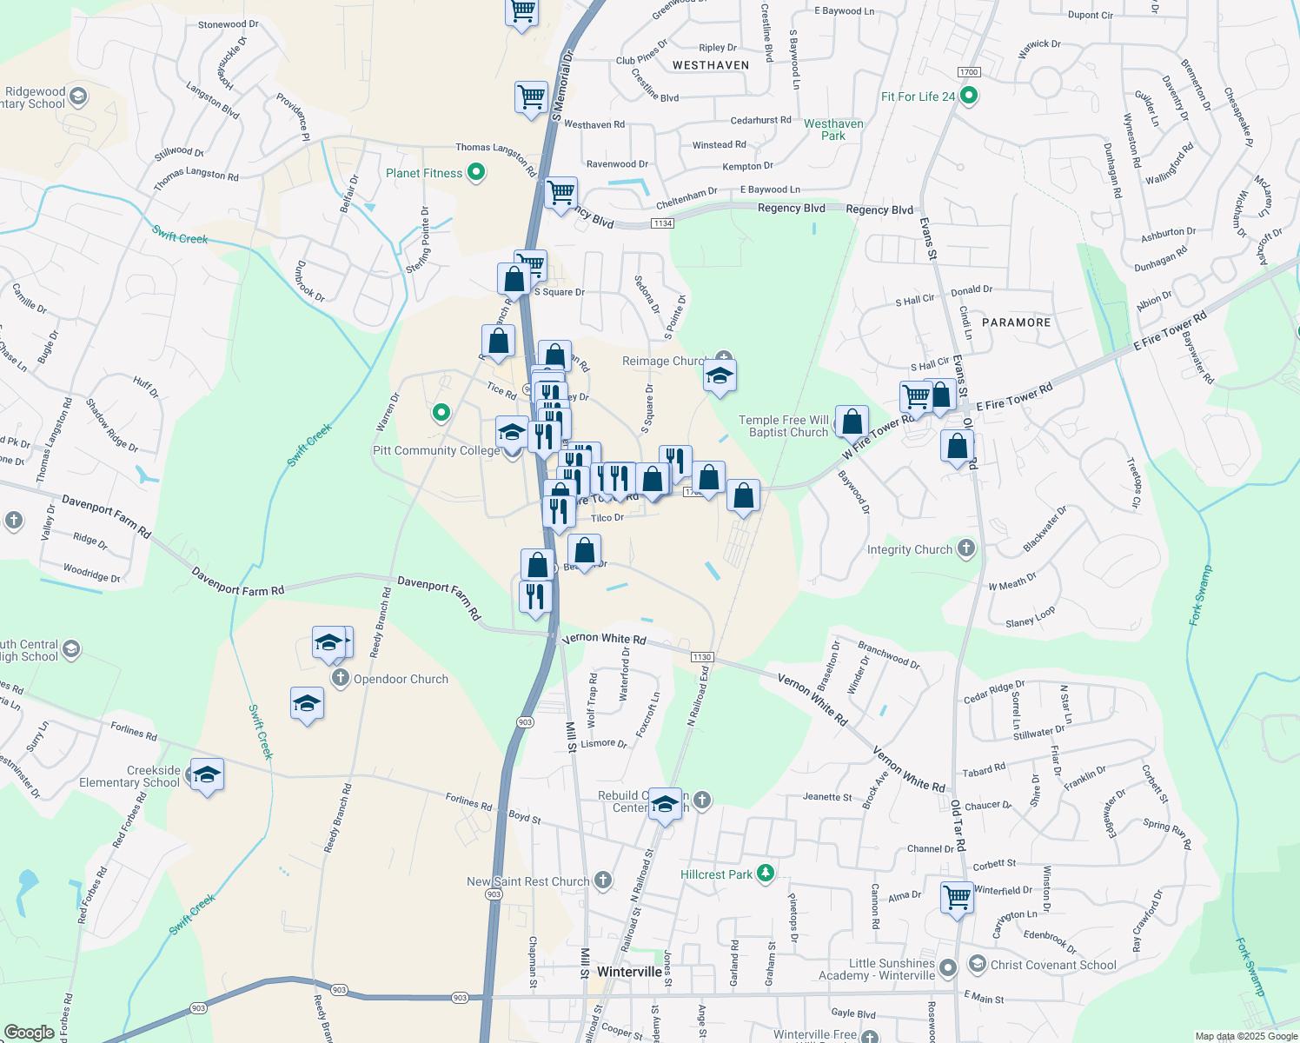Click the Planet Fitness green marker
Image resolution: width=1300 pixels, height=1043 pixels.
(x=476, y=173)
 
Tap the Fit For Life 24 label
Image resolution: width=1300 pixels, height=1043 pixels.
(x=918, y=96)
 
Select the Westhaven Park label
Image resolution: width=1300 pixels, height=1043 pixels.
(x=833, y=130)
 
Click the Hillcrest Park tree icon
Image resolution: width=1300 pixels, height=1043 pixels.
(x=766, y=874)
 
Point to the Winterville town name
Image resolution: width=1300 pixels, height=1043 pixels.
(x=631, y=972)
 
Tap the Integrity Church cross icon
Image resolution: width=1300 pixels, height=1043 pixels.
(x=966, y=548)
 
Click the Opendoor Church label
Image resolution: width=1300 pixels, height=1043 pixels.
(x=401, y=679)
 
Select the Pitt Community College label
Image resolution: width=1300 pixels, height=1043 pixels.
(x=436, y=450)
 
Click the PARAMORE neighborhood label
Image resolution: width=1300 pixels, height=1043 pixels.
(x=1016, y=322)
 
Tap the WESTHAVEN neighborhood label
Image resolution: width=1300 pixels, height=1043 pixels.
(x=711, y=65)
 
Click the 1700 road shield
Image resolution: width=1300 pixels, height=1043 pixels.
(x=968, y=72)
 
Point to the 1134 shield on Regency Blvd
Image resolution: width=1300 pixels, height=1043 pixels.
(x=663, y=223)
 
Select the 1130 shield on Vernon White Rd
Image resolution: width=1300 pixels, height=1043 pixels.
(x=702, y=657)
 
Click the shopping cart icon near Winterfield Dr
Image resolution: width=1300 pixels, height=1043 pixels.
(x=957, y=896)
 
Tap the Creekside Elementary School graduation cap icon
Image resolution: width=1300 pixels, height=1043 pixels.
(x=207, y=774)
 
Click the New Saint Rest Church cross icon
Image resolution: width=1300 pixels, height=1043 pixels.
(x=603, y=880)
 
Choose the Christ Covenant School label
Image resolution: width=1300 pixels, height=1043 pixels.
(x=1053, y=965)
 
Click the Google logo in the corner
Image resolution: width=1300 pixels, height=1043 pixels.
(x=29, y=1032)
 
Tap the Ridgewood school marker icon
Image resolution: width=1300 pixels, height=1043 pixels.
(x=78, y=96)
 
